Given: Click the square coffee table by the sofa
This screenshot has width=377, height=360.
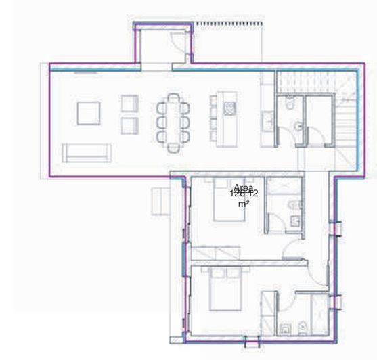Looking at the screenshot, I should tap(88, 112).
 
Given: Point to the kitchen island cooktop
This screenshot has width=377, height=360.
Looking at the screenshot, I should tap(229, 108).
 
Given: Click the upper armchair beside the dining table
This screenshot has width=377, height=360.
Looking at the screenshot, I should tap(129, 104).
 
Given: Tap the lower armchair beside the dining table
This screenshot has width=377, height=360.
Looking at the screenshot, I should tap(129, 125).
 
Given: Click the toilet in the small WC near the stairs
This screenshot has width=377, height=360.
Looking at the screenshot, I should tap(290, 106).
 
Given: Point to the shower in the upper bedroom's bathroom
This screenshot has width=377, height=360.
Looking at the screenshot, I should tap(279, 187).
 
